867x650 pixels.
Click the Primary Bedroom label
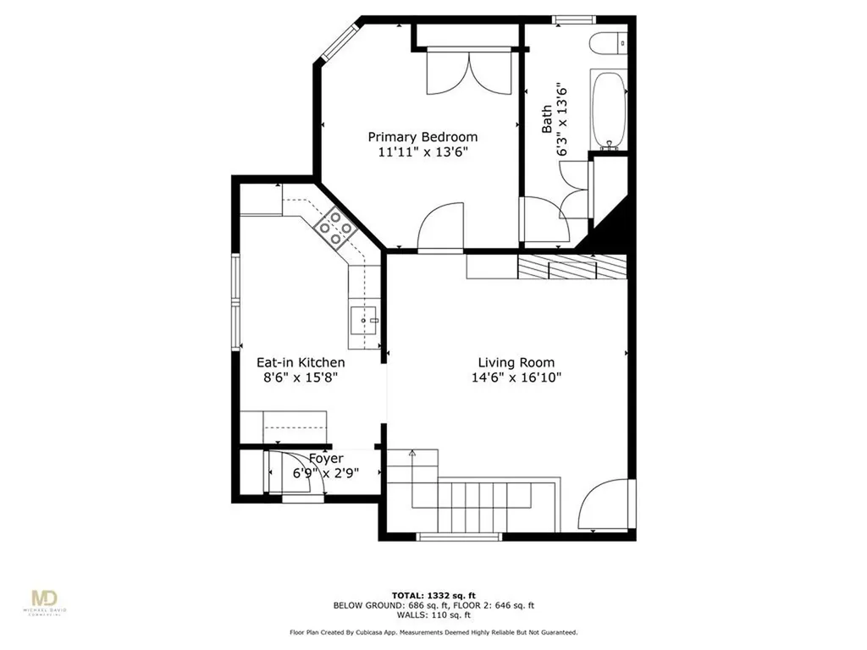[x=422, y=136]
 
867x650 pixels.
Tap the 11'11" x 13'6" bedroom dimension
[x=422, y=152]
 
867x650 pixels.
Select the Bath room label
[x=547, y=118]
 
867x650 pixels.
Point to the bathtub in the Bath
[x=608, y=110]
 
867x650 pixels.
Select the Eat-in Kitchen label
[x=301, y=361]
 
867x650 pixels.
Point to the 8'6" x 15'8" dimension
[x=301, y=378]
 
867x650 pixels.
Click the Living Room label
[x=516, y=361]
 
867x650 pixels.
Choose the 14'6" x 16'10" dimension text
[x=516, y=378]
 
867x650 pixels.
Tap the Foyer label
[x=325, y=459]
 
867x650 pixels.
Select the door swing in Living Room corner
[x=605, y=504]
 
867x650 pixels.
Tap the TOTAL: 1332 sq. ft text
[x=433, y=596]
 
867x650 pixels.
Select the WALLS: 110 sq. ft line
[x=433, y=615]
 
